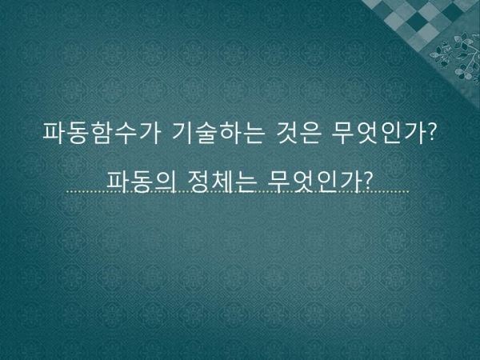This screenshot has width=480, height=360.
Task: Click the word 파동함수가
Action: coord(102,133)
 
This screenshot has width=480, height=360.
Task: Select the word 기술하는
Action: coord(218,133)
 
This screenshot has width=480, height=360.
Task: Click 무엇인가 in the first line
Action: coord(378,133)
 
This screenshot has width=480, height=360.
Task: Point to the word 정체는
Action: coord(222,182)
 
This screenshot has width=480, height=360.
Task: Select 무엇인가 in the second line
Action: coord(314,182)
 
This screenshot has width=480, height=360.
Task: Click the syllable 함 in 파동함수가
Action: coord(102,133)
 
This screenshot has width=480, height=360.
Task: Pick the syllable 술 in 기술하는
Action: coord(206,133)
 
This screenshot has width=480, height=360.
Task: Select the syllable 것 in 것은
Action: coord(286,133)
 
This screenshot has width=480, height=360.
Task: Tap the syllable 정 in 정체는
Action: coord(198,182)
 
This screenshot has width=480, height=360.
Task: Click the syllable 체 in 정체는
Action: coord(222,182)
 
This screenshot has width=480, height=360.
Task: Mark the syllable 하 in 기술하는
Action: coord(230,133)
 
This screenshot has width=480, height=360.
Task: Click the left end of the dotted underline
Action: coord(68,192)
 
